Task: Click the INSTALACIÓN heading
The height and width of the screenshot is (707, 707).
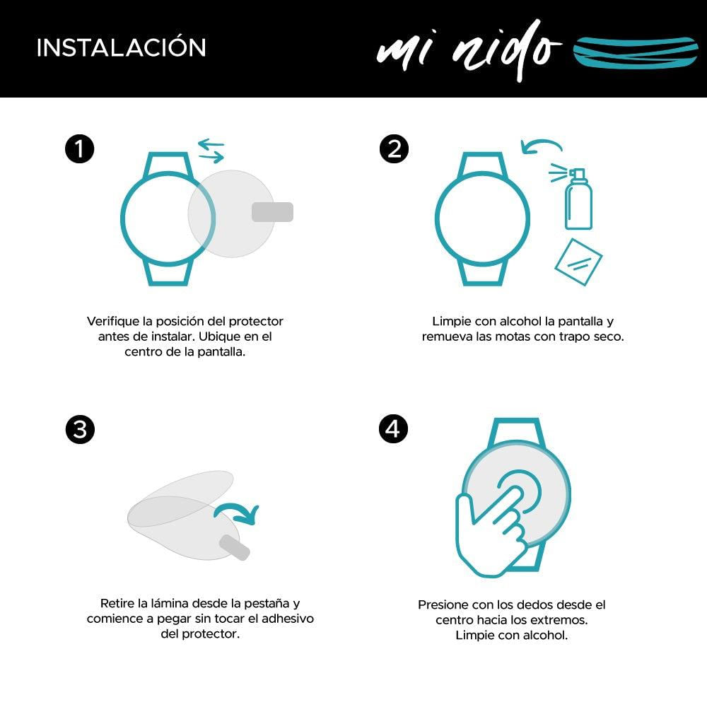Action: [x=121, y=47]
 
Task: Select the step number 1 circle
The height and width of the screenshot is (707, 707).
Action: [x=79, y=149]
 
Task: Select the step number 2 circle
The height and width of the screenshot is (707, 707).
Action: [x=394, y=149]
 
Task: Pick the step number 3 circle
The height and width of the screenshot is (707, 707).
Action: [x=79, y=430]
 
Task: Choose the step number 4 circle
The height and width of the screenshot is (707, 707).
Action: [x=394, y=430]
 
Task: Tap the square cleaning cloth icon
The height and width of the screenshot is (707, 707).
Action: [x=578, y=262]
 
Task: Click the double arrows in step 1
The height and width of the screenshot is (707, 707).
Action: [x=211, y=150]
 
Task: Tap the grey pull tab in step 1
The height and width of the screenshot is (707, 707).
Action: [x=272, y=211]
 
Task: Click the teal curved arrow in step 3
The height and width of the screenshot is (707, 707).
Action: [x=238, y=515]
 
